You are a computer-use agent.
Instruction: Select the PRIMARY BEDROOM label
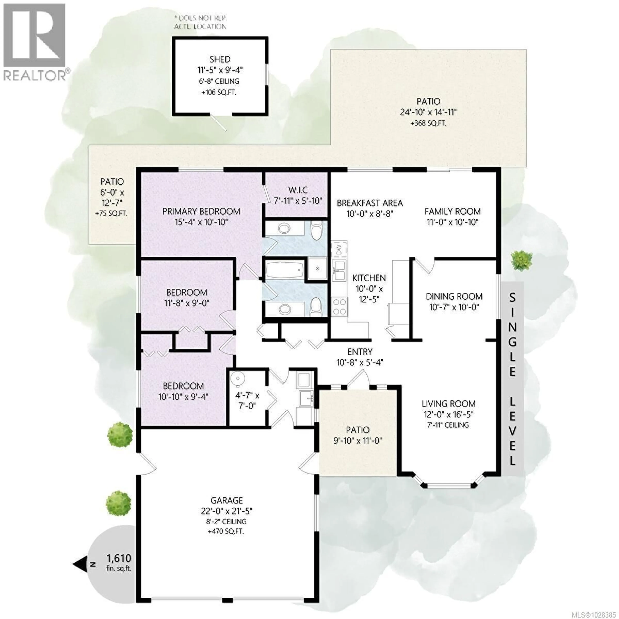tap(201, 211)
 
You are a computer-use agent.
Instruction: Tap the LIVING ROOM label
tap(448, 404)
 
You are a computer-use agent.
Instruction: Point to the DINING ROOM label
tap(454, 296)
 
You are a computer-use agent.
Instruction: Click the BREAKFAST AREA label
tap(370, 203)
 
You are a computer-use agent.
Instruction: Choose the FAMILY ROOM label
tap(452, 211)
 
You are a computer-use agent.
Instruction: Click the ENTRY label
tap(360, 352)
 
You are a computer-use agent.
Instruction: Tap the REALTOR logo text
tap(35, 76)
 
